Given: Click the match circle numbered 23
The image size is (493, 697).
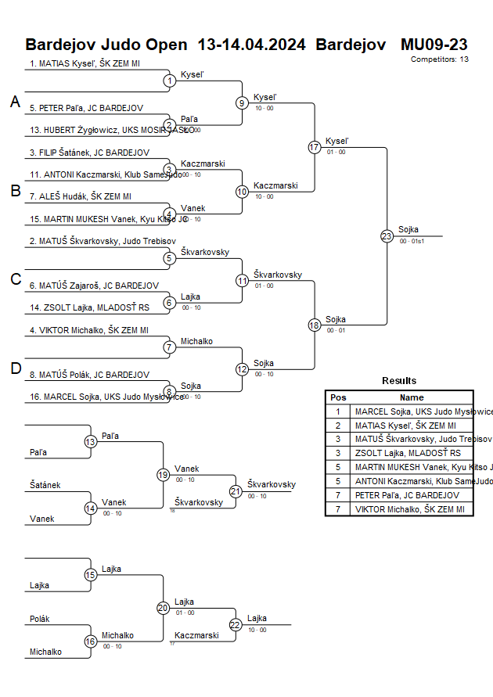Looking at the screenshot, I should pyautogui.click(x=387, y=236).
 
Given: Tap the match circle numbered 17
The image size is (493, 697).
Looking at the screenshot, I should pyautogui.click(x=315, y=147).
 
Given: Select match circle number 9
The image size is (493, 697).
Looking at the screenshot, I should pyautogui.click(x=242, y=102).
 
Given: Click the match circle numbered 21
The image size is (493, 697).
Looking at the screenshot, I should pyautogui.click(x=236, y=491).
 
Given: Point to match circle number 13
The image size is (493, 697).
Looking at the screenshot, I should pyautogui.click(x=90, y=442).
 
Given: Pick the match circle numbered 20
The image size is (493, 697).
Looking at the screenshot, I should pyautogui.click(x=163, y=608).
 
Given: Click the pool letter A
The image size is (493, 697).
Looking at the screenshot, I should pyautogui.click(x=15, y=102).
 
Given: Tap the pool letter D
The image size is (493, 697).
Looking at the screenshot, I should pyautogui.click(x=15, y=369).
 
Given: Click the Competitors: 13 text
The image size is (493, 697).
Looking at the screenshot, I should pyautogui.click(x=439, y=59).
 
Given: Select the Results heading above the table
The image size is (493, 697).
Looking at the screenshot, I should pyautogui.click(x=399, y=381).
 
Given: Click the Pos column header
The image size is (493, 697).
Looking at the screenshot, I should pyautogui.click(x=338, y=397).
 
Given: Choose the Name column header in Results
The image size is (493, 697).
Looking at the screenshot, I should pyautogui.click(x=412, y=397).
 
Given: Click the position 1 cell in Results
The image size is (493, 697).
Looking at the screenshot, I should pyautogui.click(x=338, y=411).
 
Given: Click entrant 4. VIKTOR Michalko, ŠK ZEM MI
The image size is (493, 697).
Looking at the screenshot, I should pyautogui.click(x=88, y=330).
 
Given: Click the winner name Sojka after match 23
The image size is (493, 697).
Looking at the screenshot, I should pyautogui.click(x=408, y=229).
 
